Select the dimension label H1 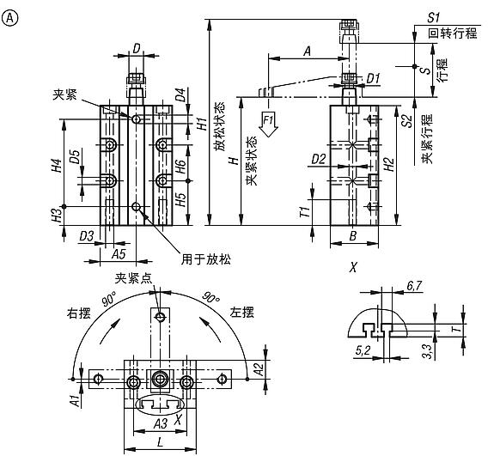pyautogui.click(x=199, y=123)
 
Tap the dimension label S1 pyautogui.click(x=433, y=16)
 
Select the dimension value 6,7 pyautogui.click(x=413, y=284)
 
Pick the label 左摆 pyautogui.click(x=241, y=312)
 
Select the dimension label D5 pyautogui.click(x=76, y=158)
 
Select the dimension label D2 pyautogui.click(x=318, y=160)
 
